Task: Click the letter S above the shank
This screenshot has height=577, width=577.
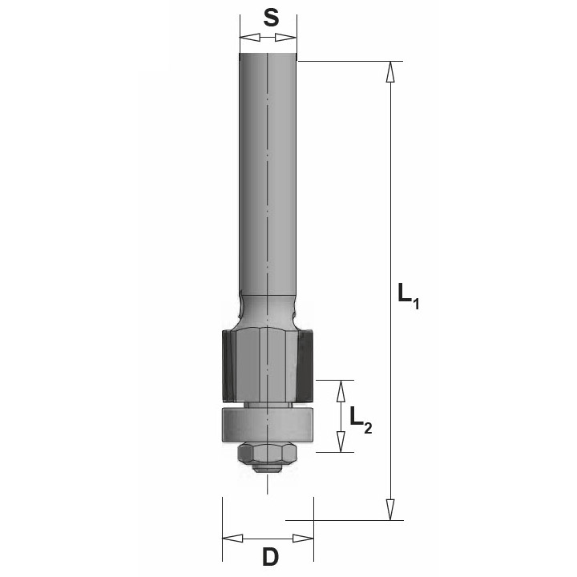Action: (271, 18)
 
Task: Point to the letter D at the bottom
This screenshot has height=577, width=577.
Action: (270, 556)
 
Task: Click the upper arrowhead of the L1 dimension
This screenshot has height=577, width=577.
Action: (390, 71)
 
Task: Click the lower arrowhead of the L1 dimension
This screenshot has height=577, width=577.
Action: (390, 509)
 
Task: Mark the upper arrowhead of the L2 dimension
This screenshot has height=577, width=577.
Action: (341, 390)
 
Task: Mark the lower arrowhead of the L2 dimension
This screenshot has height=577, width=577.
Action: (341, 442)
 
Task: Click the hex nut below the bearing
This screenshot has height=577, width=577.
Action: (267, 454)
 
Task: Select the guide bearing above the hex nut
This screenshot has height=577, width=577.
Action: (267, 423)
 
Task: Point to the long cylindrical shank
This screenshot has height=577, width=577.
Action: (268, 176)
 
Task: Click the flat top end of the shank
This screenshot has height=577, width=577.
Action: (268, 55)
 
